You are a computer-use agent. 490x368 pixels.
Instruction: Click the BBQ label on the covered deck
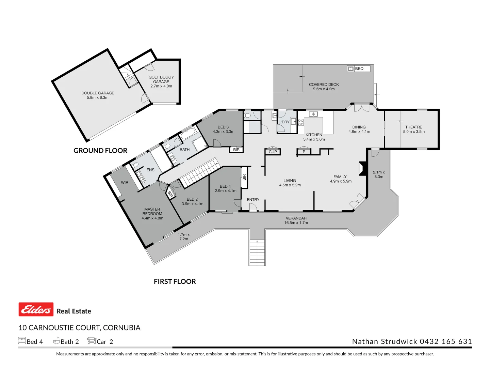pos(359,69)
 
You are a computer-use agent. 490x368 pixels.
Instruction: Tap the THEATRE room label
pos(413,127)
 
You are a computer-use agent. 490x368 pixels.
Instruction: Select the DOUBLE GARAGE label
pos(98,93)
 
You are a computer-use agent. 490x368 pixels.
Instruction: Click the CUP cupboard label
pos(273,152)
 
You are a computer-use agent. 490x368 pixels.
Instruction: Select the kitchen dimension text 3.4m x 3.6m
pos(314,139)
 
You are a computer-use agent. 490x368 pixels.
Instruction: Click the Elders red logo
pos(36,309)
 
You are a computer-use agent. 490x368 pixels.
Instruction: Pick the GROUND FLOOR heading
pos(100,151)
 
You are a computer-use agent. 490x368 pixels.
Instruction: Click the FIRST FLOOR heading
pos(175,281)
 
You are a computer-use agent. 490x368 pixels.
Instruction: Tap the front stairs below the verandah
pos(257,252)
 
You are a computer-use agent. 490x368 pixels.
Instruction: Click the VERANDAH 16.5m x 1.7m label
pos(296,220)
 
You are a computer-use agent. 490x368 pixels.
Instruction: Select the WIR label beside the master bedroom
pos(125,183)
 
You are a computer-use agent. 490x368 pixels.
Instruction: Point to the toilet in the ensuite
pos(135,166)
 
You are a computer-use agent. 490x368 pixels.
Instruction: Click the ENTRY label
pos(253,200)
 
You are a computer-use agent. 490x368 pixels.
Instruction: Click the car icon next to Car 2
pos(92,341)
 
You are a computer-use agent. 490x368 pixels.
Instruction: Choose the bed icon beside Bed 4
pos(22,341)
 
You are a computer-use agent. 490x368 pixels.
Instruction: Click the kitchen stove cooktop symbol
pos(301,122)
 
